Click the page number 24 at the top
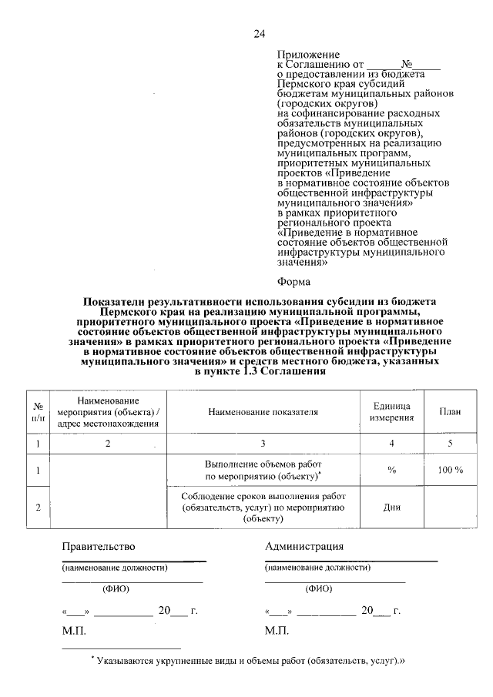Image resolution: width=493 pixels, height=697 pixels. [x=259, y=34]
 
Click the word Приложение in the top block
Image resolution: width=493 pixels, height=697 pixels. [x=307, y=55]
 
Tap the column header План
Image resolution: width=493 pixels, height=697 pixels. [x=450, y=411]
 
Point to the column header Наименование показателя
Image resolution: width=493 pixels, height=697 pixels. [x=263, y=411]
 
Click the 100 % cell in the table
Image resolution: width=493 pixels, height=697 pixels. [x=450, y=470]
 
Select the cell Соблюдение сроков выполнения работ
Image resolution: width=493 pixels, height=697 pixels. [x=263, y=508]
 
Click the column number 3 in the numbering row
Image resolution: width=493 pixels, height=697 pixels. [x=263, y=444]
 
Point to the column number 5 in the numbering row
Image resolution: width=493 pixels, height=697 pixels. [x=450, y=444]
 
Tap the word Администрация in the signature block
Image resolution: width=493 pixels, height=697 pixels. [x=304, y=547]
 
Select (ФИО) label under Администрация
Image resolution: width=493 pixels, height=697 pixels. [x=317, y=588]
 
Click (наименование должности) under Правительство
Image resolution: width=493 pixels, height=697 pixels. [x=115, y=568]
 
